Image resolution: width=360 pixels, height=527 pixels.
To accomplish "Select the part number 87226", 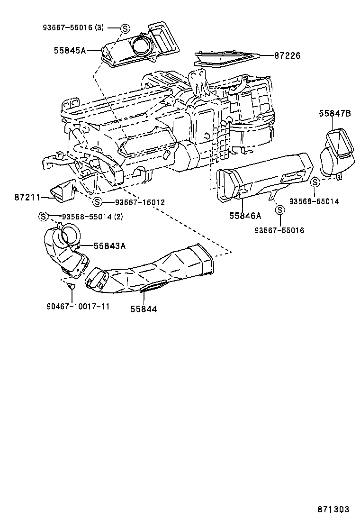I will coord(287,56).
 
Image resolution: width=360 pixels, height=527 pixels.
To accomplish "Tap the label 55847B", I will coord(334,113).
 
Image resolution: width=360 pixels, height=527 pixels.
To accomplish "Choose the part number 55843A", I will coord(109,245).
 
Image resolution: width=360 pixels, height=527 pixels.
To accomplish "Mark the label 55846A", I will coord(245,216).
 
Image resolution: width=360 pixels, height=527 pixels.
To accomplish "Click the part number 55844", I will coord(143,309).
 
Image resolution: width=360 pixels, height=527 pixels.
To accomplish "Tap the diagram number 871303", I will coord(333,509).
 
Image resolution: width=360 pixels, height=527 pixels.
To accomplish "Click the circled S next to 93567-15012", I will coord(97,202).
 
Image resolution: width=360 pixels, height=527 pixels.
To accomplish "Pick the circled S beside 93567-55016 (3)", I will coord(125,28).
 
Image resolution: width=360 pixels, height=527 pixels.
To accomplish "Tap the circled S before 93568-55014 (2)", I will coord(43,217).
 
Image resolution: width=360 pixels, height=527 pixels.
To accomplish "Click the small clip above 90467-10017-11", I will coord(70,286).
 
